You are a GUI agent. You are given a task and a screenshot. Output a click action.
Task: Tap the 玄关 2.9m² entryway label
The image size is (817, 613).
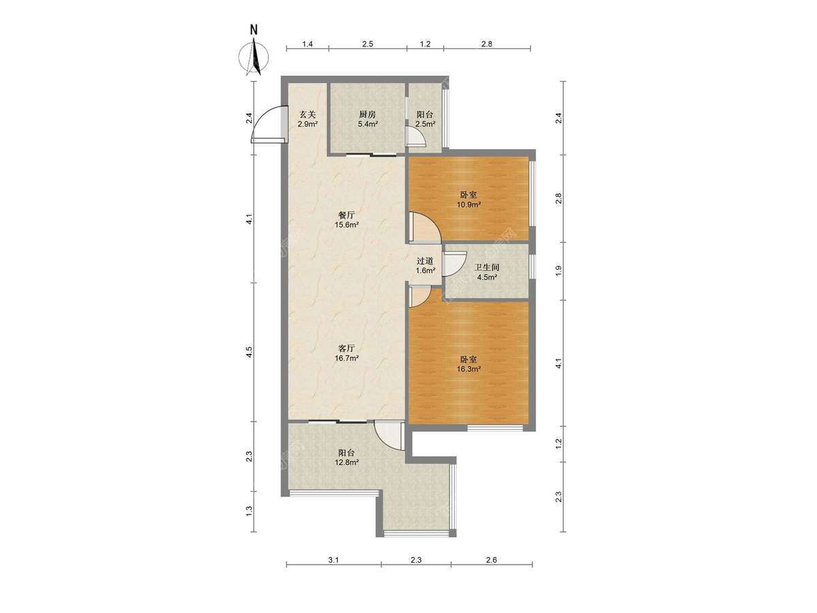[x=308, y=119]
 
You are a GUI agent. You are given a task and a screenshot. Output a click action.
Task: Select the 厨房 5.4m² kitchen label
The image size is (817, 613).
[x=368, y=119]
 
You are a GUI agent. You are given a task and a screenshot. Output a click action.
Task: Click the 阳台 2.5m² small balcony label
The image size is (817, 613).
[x=425, y=119]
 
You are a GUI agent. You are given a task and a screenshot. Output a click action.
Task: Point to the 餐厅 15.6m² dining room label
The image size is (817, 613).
[x=346, y=219]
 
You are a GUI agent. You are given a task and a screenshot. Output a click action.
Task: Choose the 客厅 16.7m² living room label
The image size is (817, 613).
[x=346, y=353]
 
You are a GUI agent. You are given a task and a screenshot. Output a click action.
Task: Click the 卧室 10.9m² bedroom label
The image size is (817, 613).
[x=468, y=199]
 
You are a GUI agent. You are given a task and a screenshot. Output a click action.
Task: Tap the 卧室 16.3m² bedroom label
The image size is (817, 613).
[x=468, y=364]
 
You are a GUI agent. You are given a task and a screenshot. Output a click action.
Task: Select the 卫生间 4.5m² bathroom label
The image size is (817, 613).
[x=487, y=272]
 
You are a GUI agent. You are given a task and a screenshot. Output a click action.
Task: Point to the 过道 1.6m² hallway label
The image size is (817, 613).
[x=425, y=266]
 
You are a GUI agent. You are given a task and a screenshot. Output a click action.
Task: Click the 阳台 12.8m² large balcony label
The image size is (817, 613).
[x=346, y=458]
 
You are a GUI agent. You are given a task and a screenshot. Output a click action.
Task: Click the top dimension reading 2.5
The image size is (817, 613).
[x=368, y=44]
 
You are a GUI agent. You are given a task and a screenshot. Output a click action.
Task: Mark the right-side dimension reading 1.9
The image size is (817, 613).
[x=558, y=271]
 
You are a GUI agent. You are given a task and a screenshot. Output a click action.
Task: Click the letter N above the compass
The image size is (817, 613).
[x=254, y=29]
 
